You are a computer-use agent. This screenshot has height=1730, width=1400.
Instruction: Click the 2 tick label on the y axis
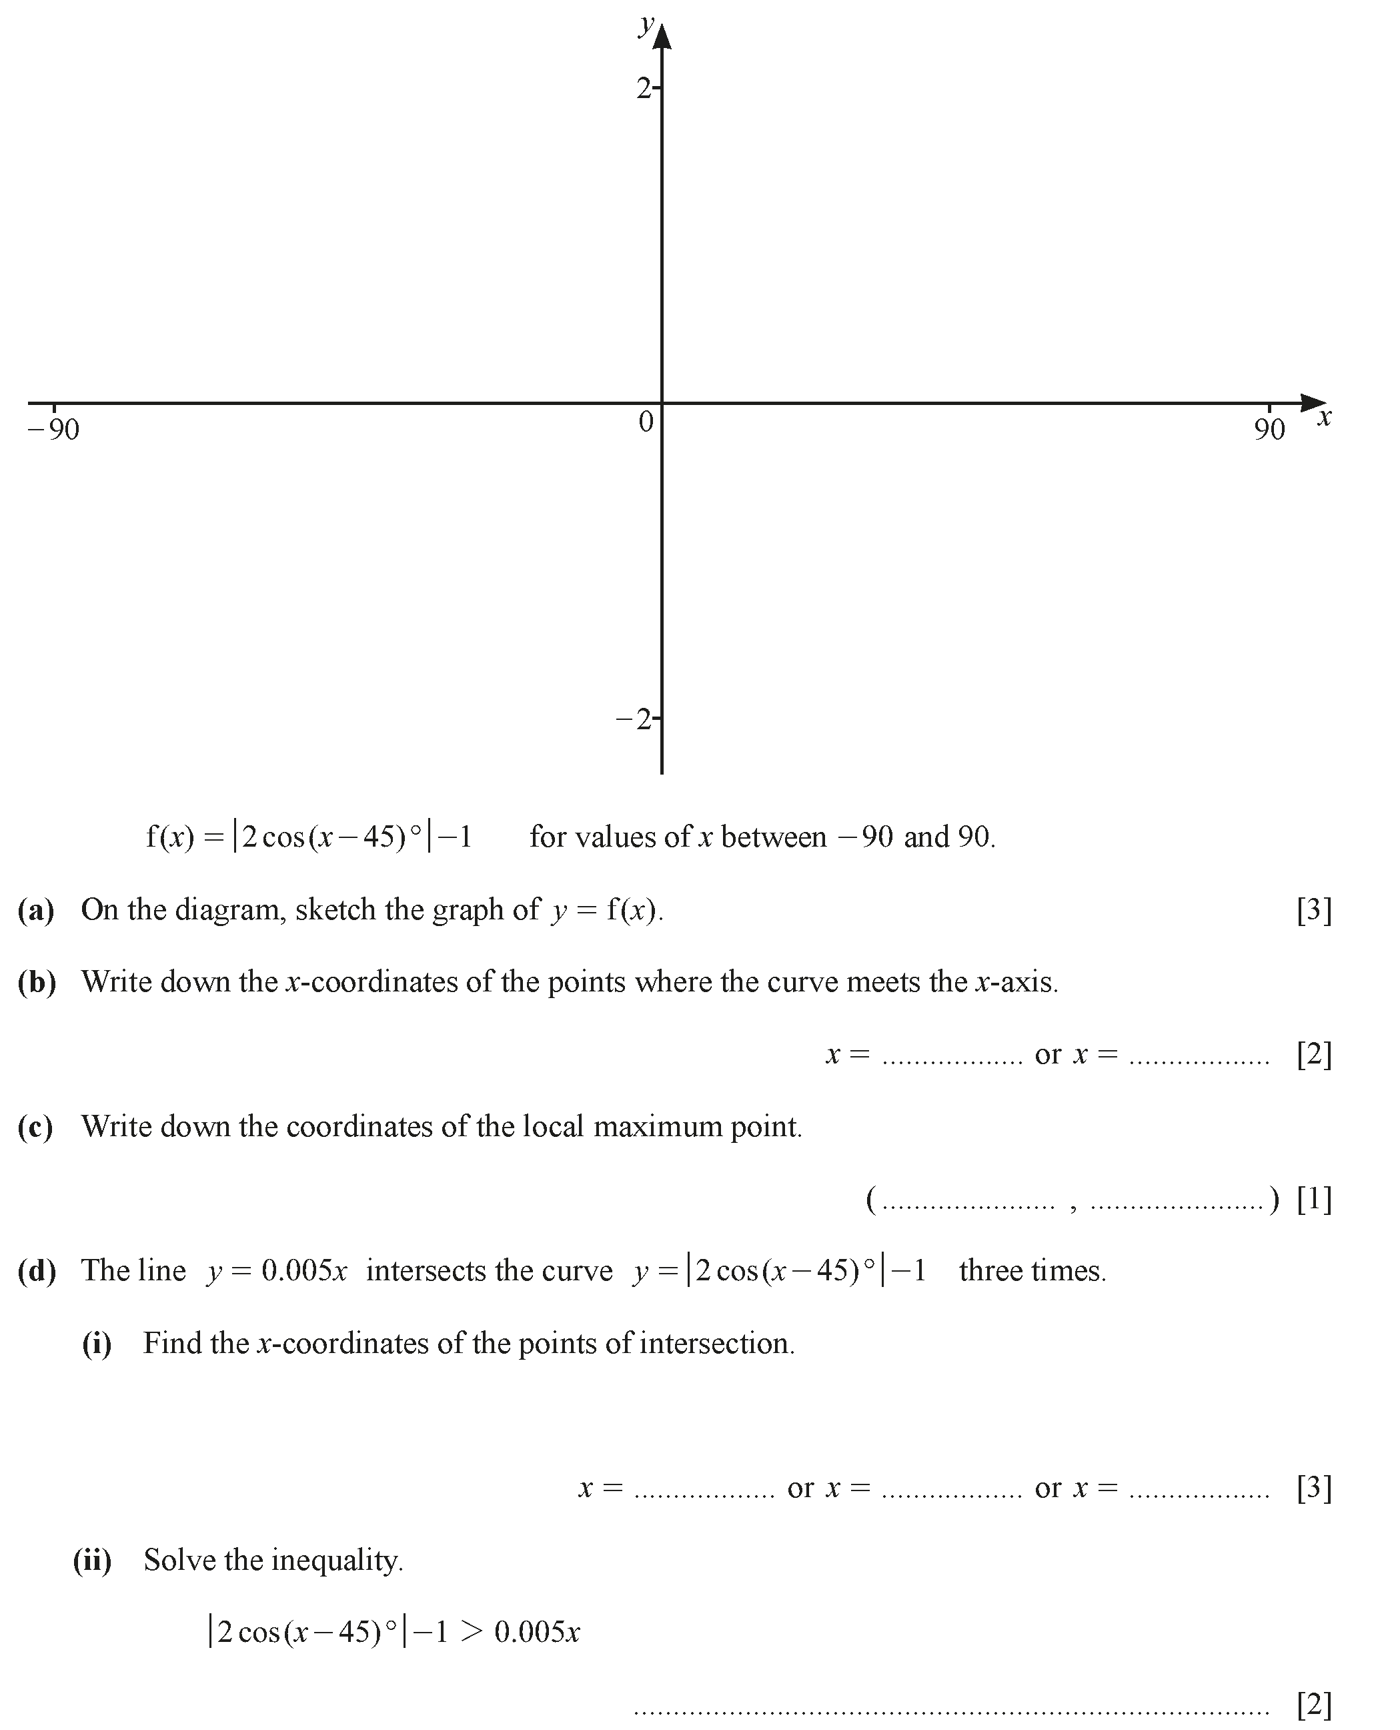click(x=644, y=88)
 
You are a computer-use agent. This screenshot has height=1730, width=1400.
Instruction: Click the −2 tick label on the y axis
click(x=634, y=719)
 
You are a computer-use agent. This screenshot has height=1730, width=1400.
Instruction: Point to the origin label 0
click(x=646, y=421)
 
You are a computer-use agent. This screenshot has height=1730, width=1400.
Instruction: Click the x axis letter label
click(x=1323, y=418)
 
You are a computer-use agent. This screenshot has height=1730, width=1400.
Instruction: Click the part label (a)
click(x=36, y=910)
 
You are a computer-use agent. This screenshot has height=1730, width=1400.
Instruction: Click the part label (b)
click(x=36, y=981)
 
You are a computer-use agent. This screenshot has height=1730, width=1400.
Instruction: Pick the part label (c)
click(x=36, y=1127)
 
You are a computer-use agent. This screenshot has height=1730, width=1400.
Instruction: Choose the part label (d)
click(x=36, y=1271)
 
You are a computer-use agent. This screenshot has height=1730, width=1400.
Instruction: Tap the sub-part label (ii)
click(x=93, y=1561)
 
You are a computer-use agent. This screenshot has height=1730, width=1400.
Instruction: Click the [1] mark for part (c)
click(x=1314, y=1200)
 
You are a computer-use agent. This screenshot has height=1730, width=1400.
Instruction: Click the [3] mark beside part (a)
click(x=1314, y=911)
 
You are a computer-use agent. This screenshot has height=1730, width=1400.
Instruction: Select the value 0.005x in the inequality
click(x=537, y=1633)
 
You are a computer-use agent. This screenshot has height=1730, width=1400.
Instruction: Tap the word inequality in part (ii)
click(x=337, y=1561)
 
